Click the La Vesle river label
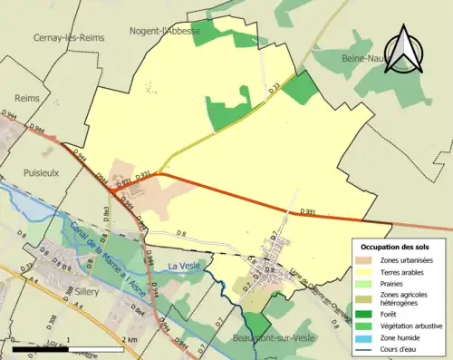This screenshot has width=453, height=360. (x=186, y=265)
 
